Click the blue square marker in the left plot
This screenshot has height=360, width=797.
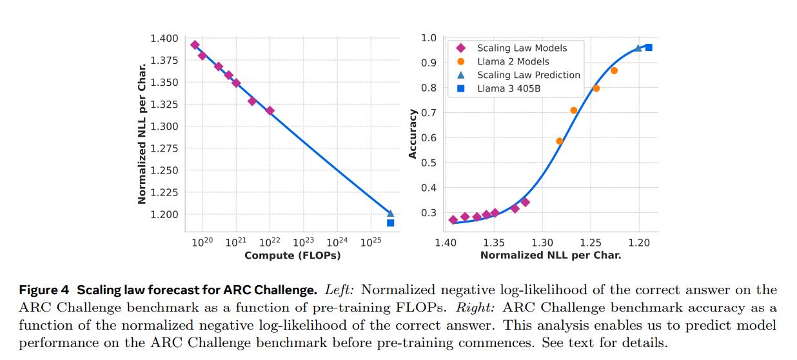click(390, 223)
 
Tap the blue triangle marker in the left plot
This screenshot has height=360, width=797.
click(390, 213)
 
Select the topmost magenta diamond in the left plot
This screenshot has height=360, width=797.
click(195, 45)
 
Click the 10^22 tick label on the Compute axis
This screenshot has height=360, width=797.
click(270, 243)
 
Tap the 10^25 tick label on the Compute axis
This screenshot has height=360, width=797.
click(370, 243)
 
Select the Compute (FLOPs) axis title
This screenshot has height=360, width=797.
click(292, 255)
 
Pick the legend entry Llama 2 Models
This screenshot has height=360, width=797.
click(513, 61)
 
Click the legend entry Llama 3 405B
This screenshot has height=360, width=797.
click(509, 88)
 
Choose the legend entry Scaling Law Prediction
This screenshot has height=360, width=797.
click(528, 75)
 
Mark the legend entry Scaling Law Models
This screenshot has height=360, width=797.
click(522, 48)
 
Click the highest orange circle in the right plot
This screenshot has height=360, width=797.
click(614, 70)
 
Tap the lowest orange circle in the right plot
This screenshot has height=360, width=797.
click(560, 141)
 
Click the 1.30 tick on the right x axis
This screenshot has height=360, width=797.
click(542, 243)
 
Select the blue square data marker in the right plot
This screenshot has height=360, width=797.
click(649, 47)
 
